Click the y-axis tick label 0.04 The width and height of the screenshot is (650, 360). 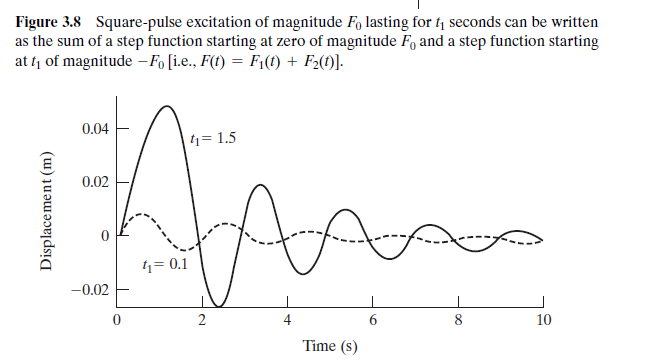point(97,130)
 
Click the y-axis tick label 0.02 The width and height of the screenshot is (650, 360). point(97,184)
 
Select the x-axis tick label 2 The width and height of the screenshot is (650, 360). point(202,320)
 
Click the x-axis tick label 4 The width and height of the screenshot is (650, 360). point(287,320)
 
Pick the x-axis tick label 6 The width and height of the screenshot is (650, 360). point(372,320)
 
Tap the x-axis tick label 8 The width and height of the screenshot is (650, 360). point(458,320)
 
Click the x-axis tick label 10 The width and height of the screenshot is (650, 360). point(542,320)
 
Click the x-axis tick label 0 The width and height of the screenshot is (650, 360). point(117,320)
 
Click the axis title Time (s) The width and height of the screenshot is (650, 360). point(330,346)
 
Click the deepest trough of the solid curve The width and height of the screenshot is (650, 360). point(222,304)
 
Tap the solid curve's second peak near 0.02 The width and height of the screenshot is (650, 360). point(260,185)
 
